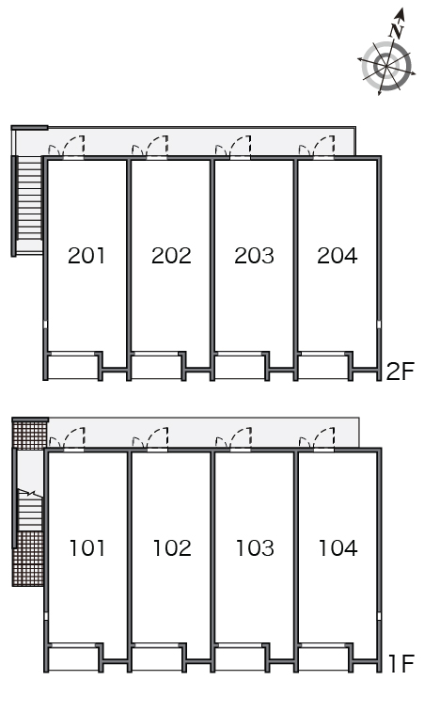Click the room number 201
coord(86,256)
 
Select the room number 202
coord(171,256)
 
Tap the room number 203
coord(254,256)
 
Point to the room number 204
coord(338,256)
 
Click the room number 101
coord(87,547)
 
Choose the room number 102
coord(172,547)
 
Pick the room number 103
coord(255,547)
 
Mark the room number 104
coord(338,547)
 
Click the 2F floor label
coord(400,372)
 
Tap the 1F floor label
coord(400,663)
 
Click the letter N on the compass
coord(397,31)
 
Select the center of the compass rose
coord(386,66)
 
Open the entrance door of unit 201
coord(74,147)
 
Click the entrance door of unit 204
coord(323,147)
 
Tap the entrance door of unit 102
coord(158,438)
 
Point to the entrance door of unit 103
coord(241,438)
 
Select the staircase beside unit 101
coord(30,510)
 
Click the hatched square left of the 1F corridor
coord(29,435)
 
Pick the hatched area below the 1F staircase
coord(28,559)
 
